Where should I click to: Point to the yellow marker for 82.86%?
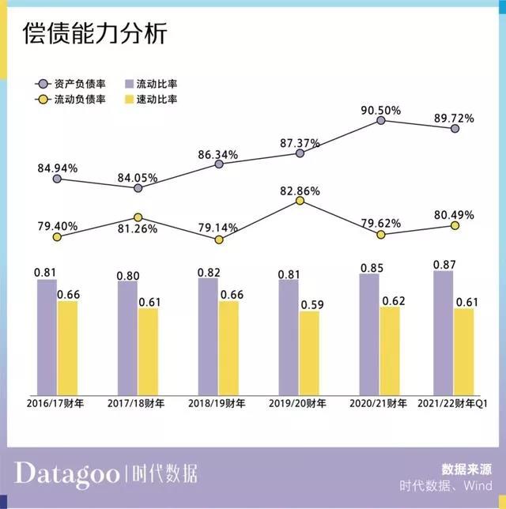300,201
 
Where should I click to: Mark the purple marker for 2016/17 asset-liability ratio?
57,179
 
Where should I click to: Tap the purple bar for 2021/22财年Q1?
444,332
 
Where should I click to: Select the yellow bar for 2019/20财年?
309,352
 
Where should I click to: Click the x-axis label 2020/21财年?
378,403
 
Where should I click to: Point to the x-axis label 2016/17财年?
55,403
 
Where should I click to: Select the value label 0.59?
309,303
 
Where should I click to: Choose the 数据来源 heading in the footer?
467,469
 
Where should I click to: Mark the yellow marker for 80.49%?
455,225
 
